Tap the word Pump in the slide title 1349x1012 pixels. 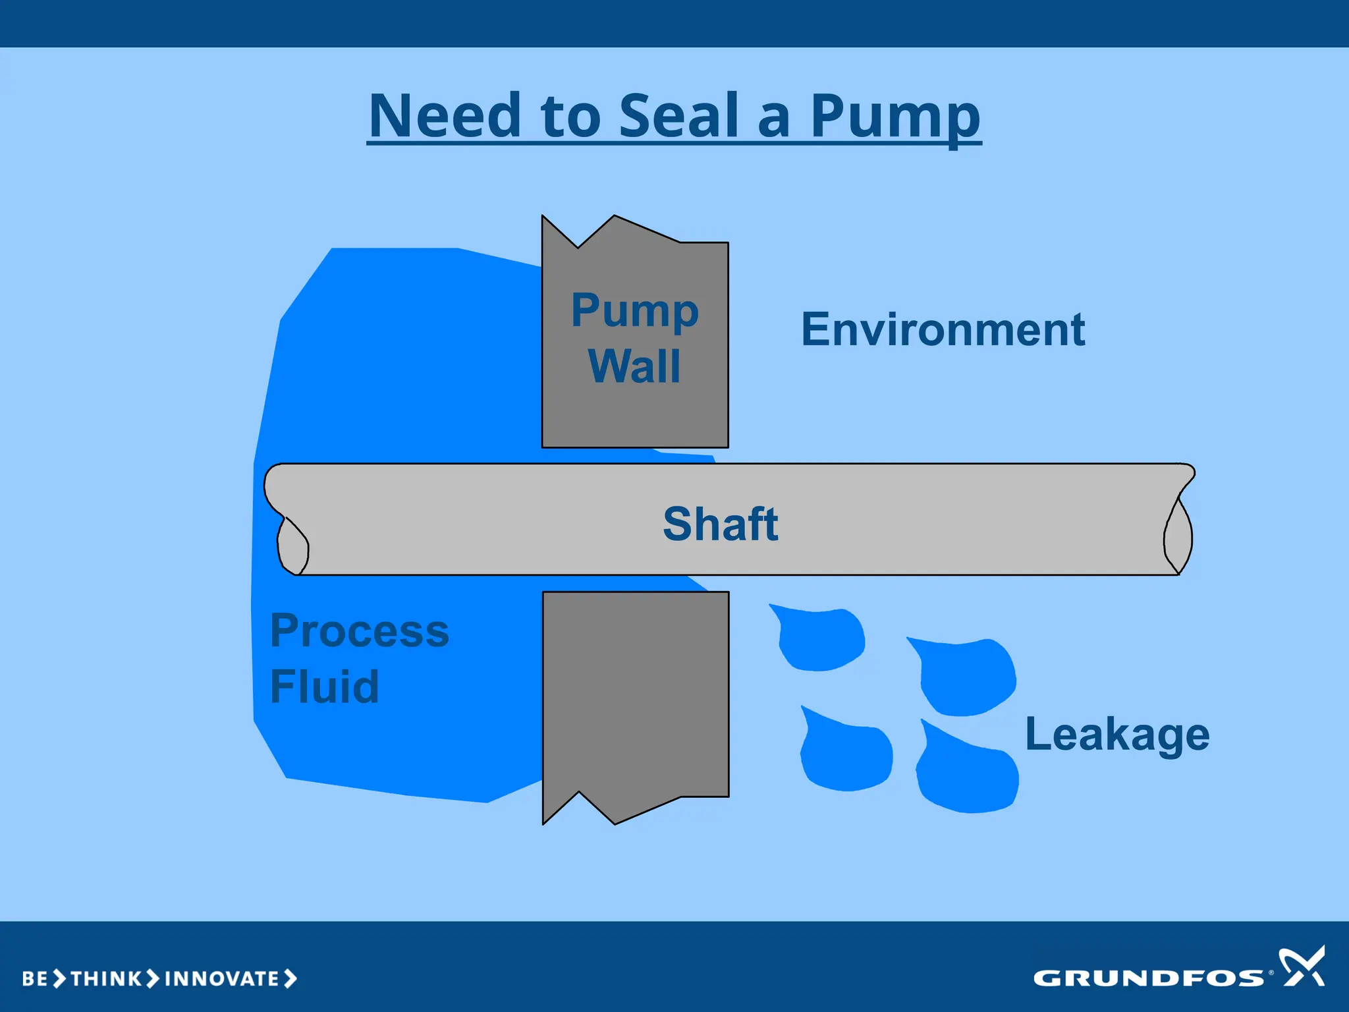click(x=895, y=117)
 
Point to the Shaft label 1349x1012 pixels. click(x=720, y=524)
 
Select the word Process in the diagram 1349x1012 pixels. click(x=360, y=631)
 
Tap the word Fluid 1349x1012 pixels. click(x=324, y=687)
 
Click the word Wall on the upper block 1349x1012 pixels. click(x=634, y=366)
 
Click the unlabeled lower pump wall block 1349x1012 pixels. click(x=635, y=698)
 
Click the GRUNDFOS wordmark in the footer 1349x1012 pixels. click(x=1149, y=978)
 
